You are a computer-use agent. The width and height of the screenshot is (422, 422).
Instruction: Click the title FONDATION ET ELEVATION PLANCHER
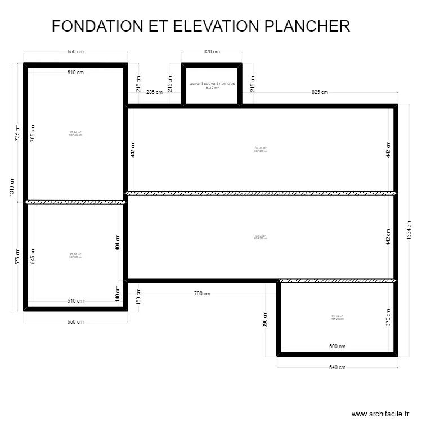pyautogui.click(x=200, y=26)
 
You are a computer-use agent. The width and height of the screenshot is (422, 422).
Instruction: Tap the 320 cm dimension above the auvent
pyautogui.click(x=212, y=52)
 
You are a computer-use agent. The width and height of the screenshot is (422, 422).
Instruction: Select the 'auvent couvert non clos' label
pyautogui.click(x=212, y=83)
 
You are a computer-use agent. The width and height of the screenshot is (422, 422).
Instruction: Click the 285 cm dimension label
pyautogui.click(x=154, y=92)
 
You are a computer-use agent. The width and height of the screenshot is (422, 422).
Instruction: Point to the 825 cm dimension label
pyautogui.click(x=319, y=92)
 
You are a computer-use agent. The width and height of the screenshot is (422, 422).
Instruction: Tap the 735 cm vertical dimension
pyautogui.click(x=18, y=133)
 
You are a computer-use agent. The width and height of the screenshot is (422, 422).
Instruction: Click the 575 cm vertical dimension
pyautogui.click(x=18, y=256)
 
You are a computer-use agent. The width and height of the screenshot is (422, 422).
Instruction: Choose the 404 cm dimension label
pyautogui.click(x=118, y=242)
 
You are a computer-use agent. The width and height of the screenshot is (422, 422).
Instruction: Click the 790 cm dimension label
pyautogui.click(x=202, y=294)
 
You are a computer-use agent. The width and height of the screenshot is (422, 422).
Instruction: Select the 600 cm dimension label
pyautogui.click(x=337, y=347)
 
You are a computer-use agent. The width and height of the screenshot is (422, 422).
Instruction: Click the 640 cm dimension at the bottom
pyautogui.click(x=337, y=367)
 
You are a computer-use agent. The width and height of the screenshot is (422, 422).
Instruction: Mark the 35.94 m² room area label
pyautogui.click(x=75, y=133)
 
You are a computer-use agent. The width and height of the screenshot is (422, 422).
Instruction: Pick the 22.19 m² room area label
pyautogui.click(x=337, y=317)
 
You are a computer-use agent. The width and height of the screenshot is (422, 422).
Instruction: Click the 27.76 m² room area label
pyautogui.click(x=75, y=254)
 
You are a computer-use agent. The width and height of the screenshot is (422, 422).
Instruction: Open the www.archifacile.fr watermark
pyautogui.click(x=380, y=414)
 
